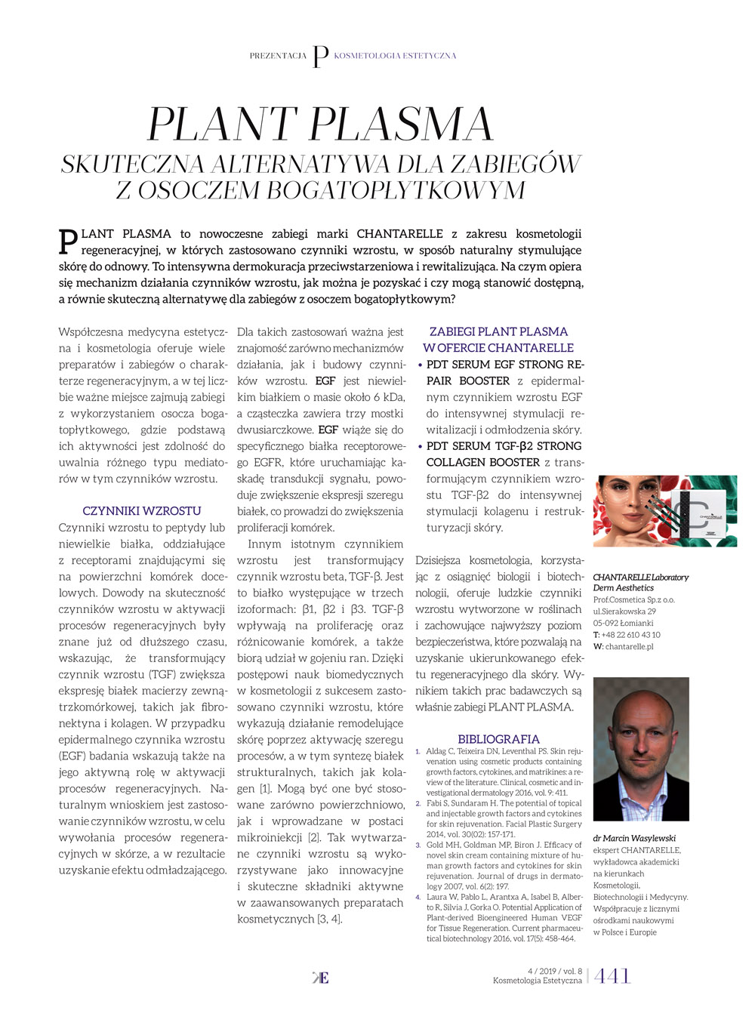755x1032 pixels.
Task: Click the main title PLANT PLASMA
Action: (x=320, y=125)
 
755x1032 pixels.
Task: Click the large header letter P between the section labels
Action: (x=320, y=57)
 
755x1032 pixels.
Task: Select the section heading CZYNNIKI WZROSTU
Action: (x=142, y=511)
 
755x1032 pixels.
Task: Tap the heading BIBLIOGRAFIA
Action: (x=498, y=739)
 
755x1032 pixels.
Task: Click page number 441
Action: (x=612, y=976)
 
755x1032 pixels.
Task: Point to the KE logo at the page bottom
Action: (x=321, y=978)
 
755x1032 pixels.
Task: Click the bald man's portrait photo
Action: (x=641, y=749)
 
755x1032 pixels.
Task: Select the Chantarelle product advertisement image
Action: (x=664, y=511)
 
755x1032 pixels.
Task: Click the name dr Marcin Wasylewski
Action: (x=634, y=838)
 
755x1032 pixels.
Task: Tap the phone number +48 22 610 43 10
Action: (x=630, y=635)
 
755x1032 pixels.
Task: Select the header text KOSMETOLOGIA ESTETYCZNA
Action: (x=395, y=56)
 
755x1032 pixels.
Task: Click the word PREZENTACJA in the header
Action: (x=278, y=56)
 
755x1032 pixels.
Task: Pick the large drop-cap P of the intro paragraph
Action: (x=68, y=241)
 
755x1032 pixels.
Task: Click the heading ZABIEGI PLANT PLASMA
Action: (x=498, y=331)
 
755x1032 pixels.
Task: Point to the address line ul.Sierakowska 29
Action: (x=624, y=611)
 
